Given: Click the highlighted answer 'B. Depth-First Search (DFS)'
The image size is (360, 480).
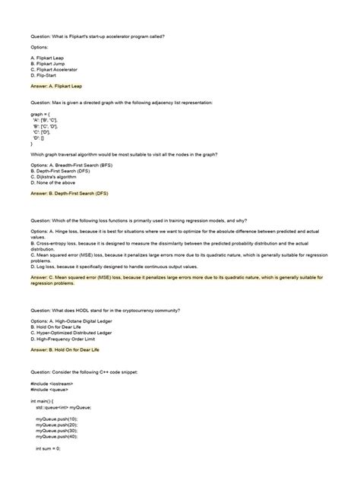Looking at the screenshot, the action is click(70, 193).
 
